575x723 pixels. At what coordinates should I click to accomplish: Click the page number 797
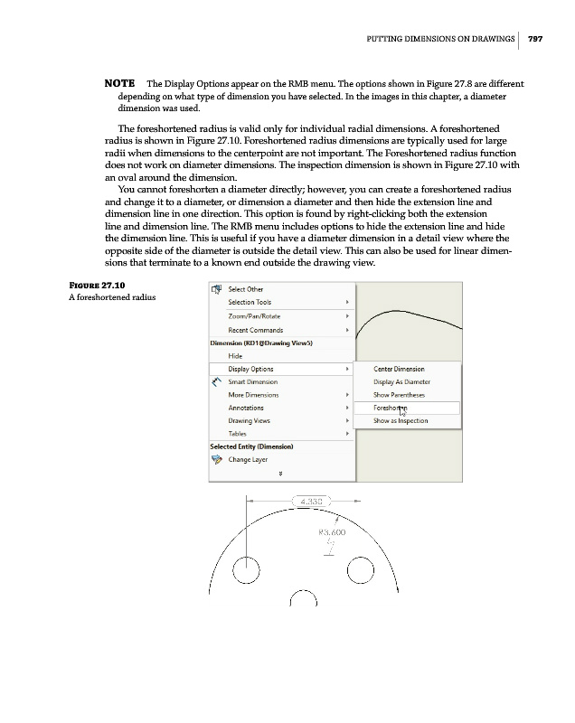click(534, 38)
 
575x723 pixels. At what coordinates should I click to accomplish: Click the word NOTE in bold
click(120, 84)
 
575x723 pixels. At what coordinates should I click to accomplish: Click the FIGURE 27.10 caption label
click(99, 287)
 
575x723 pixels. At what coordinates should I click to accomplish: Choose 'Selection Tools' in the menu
click(250, 303)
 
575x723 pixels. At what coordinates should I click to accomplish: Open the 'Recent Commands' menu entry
click(255, 331)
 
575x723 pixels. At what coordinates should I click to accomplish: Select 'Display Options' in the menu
click(250, 369)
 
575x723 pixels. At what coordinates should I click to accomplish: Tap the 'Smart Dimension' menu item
click(252, 382)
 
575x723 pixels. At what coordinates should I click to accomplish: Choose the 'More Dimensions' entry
click(252, 395)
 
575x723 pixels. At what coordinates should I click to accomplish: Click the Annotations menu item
click(246, 408)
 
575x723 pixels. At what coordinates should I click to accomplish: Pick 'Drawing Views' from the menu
click(251, 421)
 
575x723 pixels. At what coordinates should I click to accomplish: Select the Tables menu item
click(238, 434)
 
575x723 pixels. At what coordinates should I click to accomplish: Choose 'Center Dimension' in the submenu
click(399, 369)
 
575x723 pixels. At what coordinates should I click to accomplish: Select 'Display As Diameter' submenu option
click(401, 381)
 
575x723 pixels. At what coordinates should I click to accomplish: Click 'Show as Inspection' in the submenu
click(401, 421)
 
